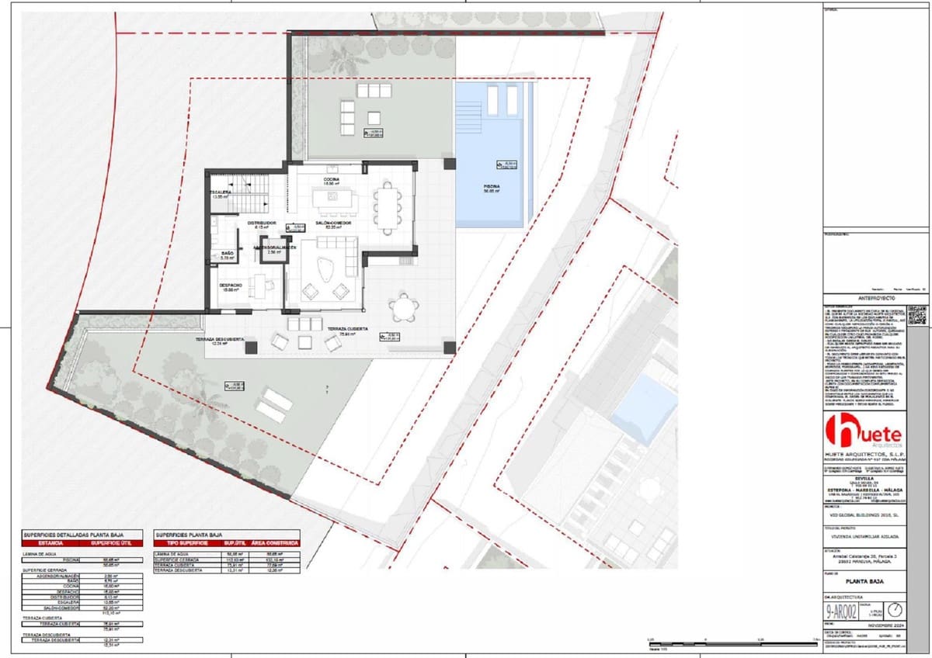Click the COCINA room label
[332, 179]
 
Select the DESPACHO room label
[230, 286]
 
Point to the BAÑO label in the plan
[227, 253]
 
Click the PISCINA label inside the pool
[491, 187]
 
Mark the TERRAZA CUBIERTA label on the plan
[346, 328]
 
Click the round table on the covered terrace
[403, 310]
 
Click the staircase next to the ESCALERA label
[251, 193]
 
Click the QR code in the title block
[917, 315]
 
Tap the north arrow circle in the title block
[895, 609]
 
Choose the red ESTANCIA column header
[50, 543]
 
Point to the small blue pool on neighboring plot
[644, 407]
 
